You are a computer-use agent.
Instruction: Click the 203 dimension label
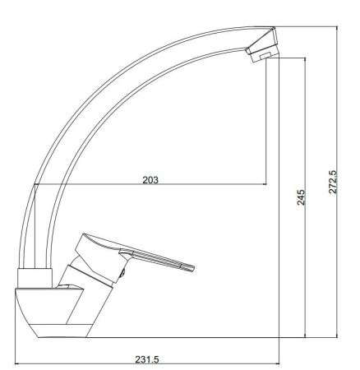[x=150, y=180]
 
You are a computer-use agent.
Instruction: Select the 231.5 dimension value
[x=147, y=359]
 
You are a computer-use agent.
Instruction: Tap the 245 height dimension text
[x=301, y=197]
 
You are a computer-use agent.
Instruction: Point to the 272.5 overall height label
[x=333, y=182]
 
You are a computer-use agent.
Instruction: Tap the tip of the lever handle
[x=193, y=268]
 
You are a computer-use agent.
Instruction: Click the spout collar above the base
[x=35, y=278]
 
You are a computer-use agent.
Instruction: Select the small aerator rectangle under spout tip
[x=265, y=56]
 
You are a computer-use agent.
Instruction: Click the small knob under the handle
[x=123, y=272]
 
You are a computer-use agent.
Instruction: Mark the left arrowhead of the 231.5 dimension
[x=16, y=364]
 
